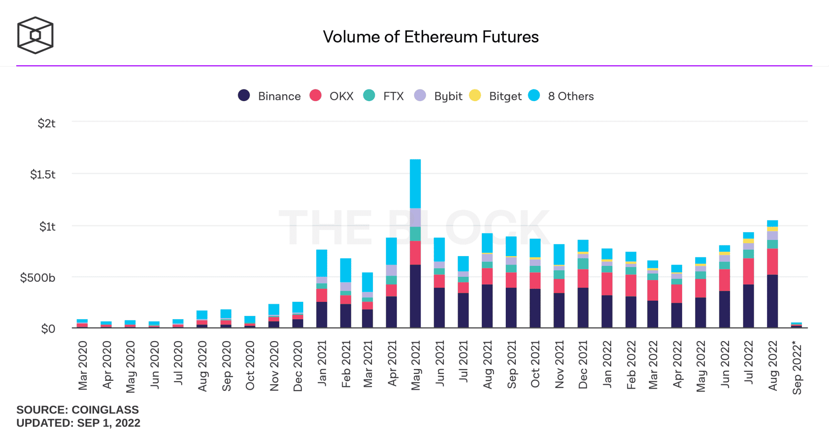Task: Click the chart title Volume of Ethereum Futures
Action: [430, 37]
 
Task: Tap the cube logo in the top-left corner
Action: [35, 35]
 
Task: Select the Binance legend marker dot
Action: [244, 95]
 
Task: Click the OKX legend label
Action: [341, 96]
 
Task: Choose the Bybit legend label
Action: [448, 96]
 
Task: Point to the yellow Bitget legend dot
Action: [475, 95]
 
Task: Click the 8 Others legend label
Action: [571, 96]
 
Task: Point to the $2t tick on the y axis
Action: [46, 123]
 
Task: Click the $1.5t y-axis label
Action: [43, 174]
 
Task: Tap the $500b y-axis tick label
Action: [38, 278]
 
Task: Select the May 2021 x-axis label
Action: [416, 365]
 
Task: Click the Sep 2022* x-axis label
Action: [797, 367]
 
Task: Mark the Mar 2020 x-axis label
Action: [83, 365]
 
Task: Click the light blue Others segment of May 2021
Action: [415, 184]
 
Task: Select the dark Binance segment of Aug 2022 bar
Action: [772, 301]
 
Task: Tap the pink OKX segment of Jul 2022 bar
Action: [748, 271]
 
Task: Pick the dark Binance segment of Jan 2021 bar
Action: [321, 314]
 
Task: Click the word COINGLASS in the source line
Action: [105, 410]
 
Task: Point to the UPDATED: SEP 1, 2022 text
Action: [78, 423]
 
